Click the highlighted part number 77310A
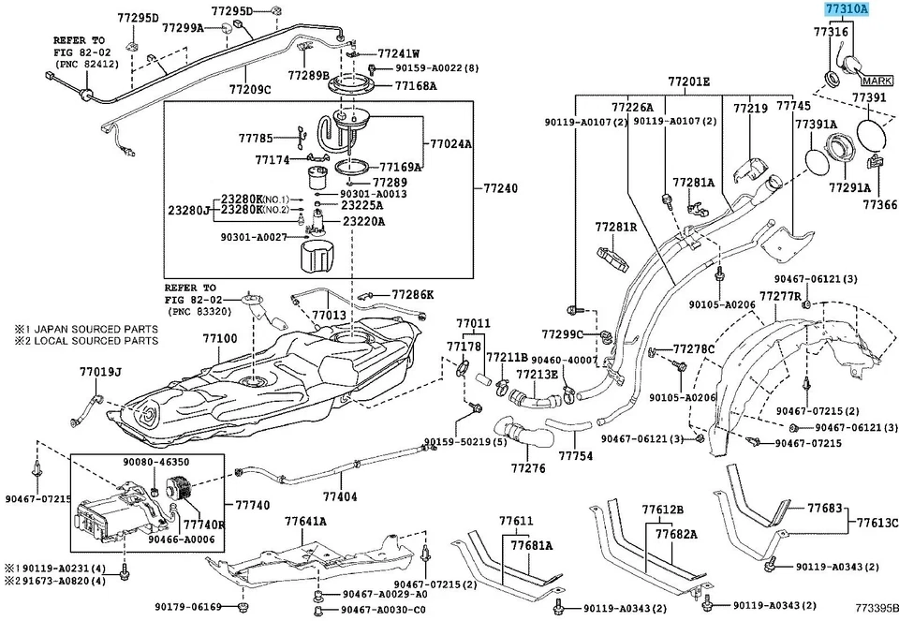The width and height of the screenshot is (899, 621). point(847,9)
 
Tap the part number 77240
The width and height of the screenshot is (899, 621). point(500,188)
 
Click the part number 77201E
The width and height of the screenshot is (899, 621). point(688,82)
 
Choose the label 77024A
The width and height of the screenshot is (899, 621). point(450,145)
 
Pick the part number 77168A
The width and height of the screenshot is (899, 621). point(415,86)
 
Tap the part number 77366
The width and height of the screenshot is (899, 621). point(879,203)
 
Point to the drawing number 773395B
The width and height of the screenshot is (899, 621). point(875,608)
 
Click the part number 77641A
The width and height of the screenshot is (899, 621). point(305,521)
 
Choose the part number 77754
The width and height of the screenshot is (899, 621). point(576,456)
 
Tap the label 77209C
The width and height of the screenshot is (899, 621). point(249,90)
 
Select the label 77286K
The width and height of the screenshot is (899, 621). point(413,294)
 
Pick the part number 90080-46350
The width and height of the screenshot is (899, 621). point(155,462)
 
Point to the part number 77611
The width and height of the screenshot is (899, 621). point(515,521)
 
